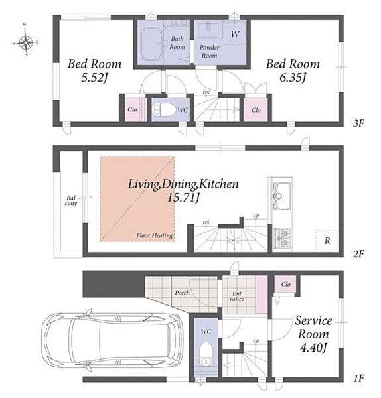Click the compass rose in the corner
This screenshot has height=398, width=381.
[x=26, y=40]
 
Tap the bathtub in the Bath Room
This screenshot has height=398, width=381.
[x=151, y=44]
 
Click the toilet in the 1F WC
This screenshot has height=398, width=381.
[x=206, y=354]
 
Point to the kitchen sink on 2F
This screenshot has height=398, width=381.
[x=281, y=196]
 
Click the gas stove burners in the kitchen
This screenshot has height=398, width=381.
[x=283, y=238]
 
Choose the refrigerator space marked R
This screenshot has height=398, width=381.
[x=327, y=240]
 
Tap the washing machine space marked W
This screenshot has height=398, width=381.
[x=235, y=33]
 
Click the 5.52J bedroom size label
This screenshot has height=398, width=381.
[x=94, y=78]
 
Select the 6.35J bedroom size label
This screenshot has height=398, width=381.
[x=293, y=78]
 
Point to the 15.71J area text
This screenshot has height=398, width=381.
[x=183, y=198]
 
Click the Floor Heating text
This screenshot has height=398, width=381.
[x=155, y=235]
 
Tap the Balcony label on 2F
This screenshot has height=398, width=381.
[x=71, y=200]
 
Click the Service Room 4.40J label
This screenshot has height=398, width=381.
[x=313, y=334]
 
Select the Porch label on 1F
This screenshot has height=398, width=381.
[x=182, y=293]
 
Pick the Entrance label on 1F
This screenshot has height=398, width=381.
[x=237, y=297]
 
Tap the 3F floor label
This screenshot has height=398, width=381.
[x=358, y=123]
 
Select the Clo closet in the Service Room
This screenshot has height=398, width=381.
[x=285, y=284]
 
